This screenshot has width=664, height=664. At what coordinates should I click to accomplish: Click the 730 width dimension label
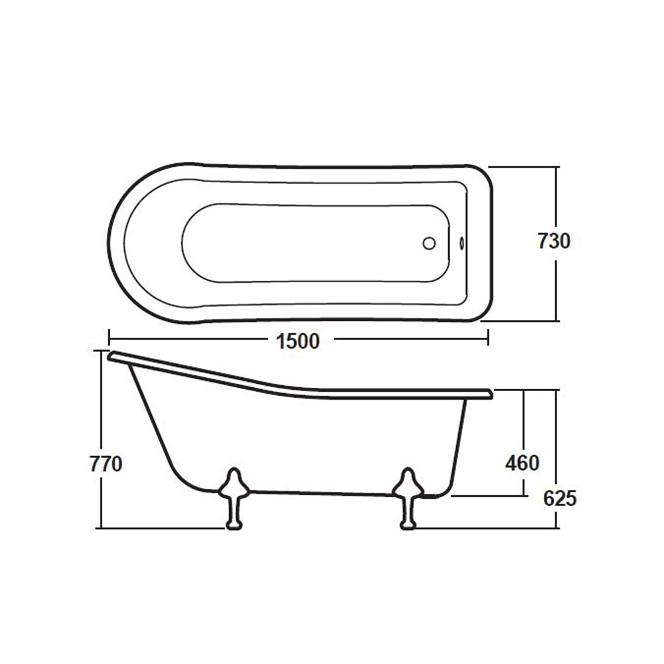click(554, 242)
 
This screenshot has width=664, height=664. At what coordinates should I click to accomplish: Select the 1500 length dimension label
click(298, 341)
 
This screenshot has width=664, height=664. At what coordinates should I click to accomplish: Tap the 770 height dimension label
click(106, 463)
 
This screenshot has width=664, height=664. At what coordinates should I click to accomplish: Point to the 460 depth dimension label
click(522, 463)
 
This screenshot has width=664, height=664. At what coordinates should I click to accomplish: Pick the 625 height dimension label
click(560, 498)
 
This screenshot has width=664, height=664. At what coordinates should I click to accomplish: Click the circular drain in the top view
click(429, 244)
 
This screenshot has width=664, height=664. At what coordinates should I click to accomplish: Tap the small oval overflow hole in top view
click(462, 244)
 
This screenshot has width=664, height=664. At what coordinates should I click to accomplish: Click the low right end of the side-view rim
click(488, 394)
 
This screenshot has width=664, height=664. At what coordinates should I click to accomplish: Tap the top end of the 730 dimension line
click(556, 167)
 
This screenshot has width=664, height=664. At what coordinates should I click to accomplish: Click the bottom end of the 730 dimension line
click(556, 321)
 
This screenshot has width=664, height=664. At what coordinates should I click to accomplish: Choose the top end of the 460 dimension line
click(525, 390)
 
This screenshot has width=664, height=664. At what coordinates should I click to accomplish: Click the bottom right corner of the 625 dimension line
click(556, 529)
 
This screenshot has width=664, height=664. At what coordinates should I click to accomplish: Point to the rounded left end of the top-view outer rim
click(110, 242)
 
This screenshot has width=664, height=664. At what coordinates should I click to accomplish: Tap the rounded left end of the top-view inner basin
click(183, 242)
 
